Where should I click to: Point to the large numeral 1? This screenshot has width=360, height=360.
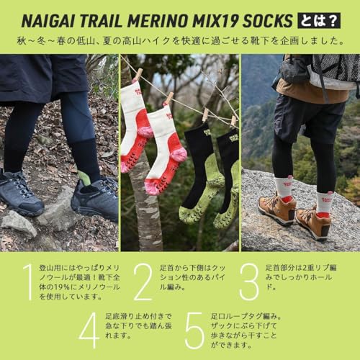[x=27, y=282]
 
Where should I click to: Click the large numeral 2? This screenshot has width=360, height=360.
[x=143, y=282]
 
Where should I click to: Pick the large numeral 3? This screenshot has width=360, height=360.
[x=248, y=282]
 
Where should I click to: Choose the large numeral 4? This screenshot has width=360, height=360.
[x=89, y=330]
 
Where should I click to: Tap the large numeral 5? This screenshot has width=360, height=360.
[x=195, y=330]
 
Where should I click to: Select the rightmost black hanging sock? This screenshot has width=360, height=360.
[x=228, y=176]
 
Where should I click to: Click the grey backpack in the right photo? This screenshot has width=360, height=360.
[x=331, y=72]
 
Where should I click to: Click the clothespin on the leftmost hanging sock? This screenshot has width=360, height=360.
[x=138, y=75]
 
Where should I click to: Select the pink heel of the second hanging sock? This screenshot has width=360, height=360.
[x=179, y=153]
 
